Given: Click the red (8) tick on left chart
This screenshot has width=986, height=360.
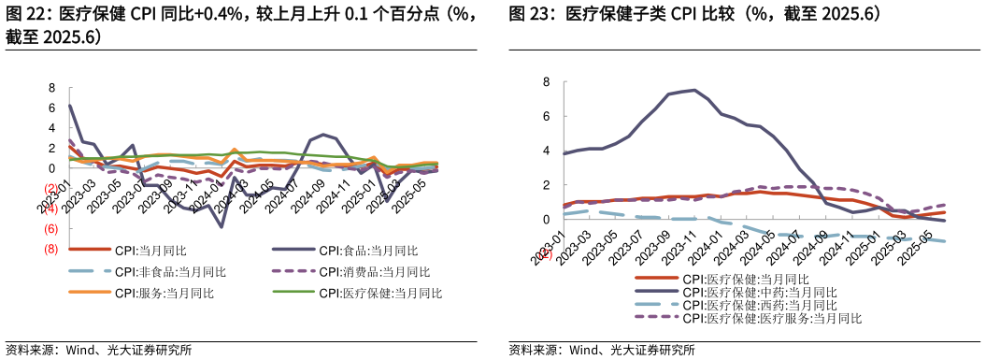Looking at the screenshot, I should (50, 250).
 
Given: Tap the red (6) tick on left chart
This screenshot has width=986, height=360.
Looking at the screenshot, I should (50, 229).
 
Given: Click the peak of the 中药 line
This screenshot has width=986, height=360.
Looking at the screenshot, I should (693, 90).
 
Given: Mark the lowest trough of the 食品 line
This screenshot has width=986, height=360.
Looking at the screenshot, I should (221, 227).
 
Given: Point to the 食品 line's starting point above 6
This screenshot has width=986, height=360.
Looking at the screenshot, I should (70, 105).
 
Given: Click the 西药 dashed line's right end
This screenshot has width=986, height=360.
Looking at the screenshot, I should (945, 241).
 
